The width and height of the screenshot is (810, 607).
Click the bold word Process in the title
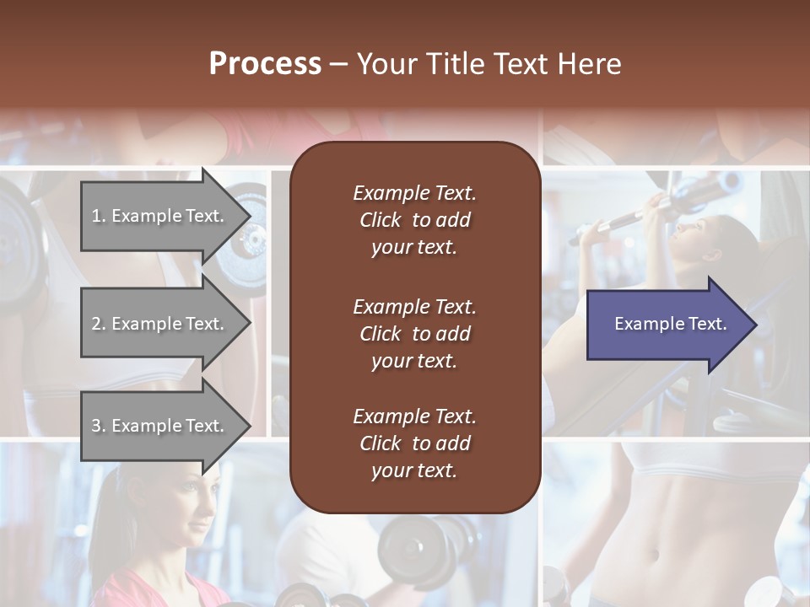click(x=265, y=64)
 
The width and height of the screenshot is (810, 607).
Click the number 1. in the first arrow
click(x=99, y=216)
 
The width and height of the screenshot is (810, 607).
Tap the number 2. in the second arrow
click(x=99, y=324)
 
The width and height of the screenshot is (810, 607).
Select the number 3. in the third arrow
click(x=99, y=426)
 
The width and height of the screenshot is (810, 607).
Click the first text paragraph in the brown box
click(x=414, y=220)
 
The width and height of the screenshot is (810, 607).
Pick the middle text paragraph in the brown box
click(x=414, y=334)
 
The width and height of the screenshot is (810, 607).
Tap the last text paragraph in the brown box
click(x=414, y=443)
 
